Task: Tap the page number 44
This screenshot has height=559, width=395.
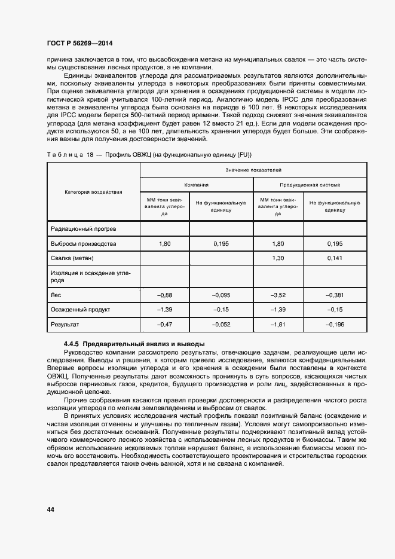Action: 50,509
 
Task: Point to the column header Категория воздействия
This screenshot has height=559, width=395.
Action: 93,192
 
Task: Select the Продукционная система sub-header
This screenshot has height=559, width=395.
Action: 310,185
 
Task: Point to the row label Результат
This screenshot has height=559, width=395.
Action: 66,324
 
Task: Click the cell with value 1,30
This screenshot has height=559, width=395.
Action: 278,258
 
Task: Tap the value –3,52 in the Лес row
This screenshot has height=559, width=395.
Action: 278,295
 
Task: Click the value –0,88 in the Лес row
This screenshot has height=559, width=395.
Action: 164,295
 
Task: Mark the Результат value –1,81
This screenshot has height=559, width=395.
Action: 278,324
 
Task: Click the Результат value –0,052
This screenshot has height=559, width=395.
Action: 221,324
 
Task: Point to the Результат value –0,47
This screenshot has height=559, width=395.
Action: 164,324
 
